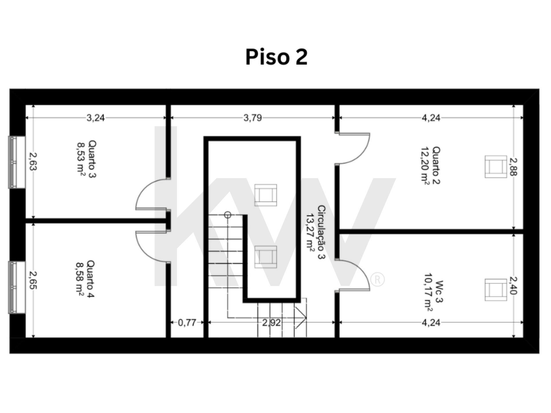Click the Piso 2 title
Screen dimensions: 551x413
tap(276, 57)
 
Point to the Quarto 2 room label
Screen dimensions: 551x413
tap(430, 165)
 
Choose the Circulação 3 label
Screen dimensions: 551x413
tap(316, 232)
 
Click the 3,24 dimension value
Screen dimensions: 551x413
tap(96, 118)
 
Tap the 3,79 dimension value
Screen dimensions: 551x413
tap(253, 118)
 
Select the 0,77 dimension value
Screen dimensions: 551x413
tap(187, 323)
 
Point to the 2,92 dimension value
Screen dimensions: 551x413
tap(271, 323)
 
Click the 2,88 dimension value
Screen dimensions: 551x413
tap(513, 167)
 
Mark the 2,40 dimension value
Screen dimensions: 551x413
tap(513, 285)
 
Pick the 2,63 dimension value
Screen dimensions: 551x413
tap(33, 161)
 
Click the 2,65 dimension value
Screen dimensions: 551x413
tap(33, 280)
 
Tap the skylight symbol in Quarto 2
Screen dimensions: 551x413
tap(496, 167)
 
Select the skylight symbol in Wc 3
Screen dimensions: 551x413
tap(496, 290)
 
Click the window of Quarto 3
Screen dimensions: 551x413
tap(17, 162)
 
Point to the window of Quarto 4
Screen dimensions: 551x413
tap(17, 287)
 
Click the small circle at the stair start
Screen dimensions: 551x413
tap(228, 215)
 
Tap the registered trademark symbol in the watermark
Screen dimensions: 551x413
tap(377, 279)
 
